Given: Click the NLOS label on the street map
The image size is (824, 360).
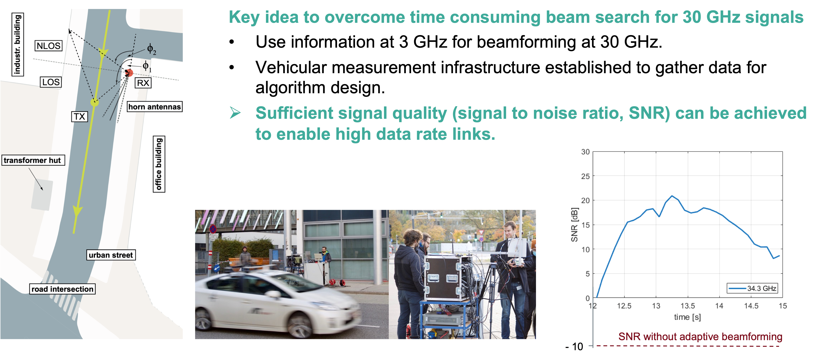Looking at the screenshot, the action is point(48,46).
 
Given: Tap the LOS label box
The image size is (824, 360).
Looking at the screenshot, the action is point(51,82).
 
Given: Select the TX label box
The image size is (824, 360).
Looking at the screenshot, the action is point(79,117).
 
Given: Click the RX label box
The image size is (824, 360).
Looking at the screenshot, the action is point(143,83).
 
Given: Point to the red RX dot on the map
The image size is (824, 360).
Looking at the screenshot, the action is point(129,73).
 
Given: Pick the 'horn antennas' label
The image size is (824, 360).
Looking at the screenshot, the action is point(155,106).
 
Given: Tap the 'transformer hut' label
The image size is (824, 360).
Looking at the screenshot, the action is point(33,160).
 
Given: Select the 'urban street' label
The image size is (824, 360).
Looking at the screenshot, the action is point(111,255).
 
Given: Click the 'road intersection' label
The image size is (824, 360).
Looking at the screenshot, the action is point(62,289).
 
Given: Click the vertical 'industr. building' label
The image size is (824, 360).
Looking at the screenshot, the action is point(18,44).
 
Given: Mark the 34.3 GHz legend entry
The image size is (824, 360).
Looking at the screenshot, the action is point(752,288).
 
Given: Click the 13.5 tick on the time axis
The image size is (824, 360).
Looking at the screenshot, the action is point(688,306).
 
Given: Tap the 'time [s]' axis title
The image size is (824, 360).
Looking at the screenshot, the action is point(687,317).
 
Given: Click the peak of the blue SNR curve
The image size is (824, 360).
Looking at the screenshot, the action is point(672,196).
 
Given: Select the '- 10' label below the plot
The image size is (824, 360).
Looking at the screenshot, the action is point(574,347).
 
